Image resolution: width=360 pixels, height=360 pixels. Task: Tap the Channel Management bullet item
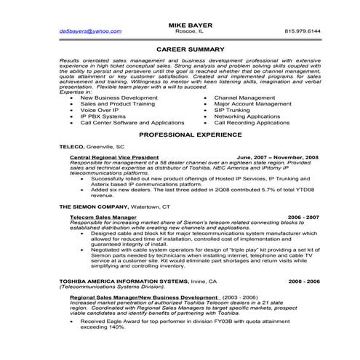(x=247, y=97)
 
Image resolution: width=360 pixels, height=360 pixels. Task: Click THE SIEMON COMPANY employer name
(x=93, y=207)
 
